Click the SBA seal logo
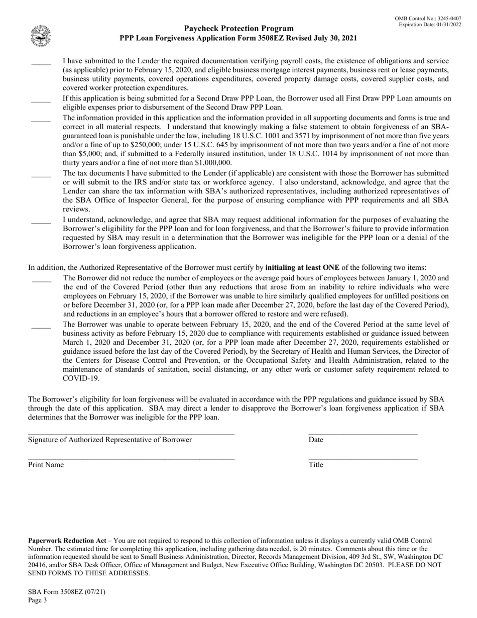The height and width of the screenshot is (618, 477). (40, 36)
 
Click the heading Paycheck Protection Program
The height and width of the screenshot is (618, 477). (238, 29)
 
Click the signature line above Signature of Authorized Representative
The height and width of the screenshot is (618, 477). (131, 434)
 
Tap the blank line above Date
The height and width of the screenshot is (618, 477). (363, 434)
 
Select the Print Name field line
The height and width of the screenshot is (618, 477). (131, 459)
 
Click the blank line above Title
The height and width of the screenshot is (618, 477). (363, 459)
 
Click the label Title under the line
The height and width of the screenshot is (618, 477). (316, 465)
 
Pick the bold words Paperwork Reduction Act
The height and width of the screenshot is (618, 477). (67, 541)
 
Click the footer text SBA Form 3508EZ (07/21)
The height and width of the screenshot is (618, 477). (67, 591)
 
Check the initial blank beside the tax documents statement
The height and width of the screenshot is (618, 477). (41, 176)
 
